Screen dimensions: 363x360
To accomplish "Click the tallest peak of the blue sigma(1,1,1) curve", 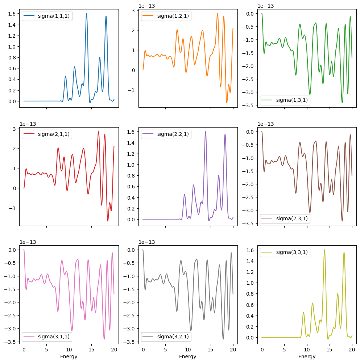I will (x=86, y=14).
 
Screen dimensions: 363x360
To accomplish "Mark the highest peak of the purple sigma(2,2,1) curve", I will (x=205, y=132).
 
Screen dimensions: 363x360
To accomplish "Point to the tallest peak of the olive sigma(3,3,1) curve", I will (x=324, y=250).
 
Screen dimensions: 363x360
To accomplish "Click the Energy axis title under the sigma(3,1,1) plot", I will (x=69, y=356).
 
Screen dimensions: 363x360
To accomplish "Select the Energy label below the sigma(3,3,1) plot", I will (x=307, y=356).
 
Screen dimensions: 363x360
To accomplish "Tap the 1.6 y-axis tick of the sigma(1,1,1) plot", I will (x=12, y=14).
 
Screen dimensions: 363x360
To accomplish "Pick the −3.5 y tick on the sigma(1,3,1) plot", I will (x=252, y=105).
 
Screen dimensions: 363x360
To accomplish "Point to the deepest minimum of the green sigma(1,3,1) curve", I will (x=342, y=103).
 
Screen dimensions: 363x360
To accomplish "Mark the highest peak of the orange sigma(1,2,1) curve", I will (x=218, y=14).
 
